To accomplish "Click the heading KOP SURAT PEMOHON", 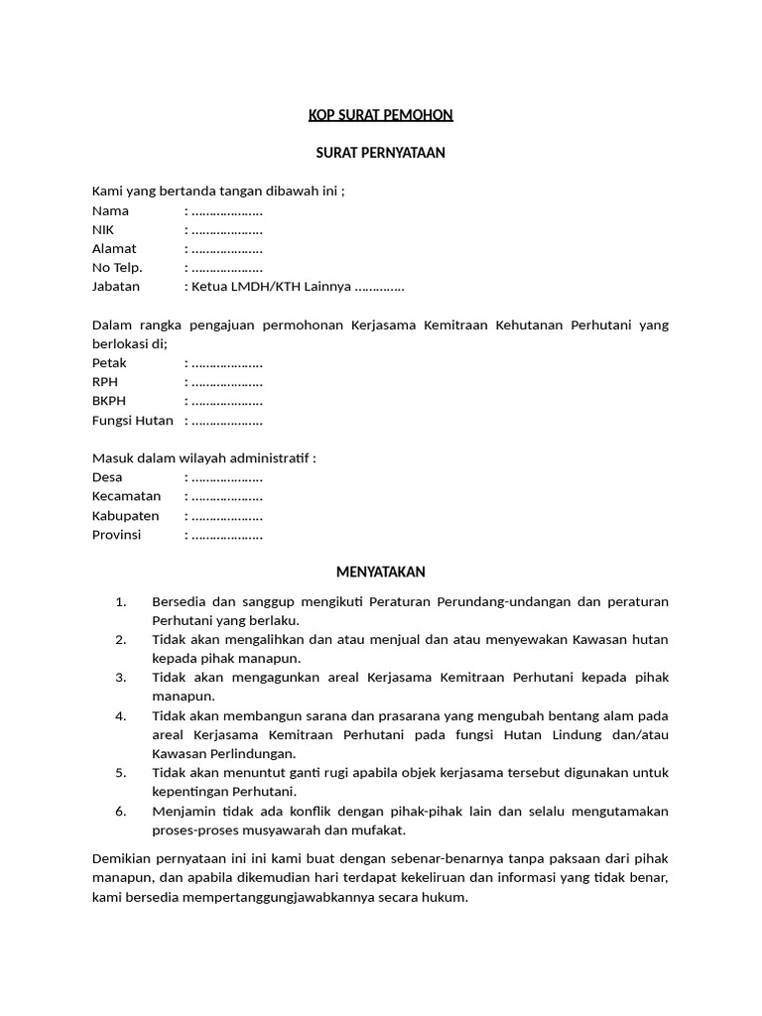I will click(x=380, y=115).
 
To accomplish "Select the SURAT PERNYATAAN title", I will click(x=380, y=153).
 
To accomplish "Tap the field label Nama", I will click(x=110, y=210).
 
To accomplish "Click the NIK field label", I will click(x=103, y=229).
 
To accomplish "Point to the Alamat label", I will click(x=114, y=248).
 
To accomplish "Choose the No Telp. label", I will click(x=117, y=267).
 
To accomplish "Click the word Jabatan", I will click(x=116, y=286).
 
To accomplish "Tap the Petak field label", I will click(x=109, y=363).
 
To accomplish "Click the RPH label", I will click(x=105, y=382).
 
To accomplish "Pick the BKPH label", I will click(x=109, y=401).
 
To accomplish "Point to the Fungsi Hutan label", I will click(x=132, y=420).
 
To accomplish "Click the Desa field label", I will click(x=107, y=477).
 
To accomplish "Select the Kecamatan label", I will click(x=125, y=496).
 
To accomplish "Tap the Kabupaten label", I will click(x=126, y=516).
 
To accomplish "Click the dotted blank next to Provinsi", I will click(x=226, y=535).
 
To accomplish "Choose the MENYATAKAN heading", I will click(x=380, y=571).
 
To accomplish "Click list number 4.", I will click(x=121, y=715).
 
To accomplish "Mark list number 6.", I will click(x=121, y=811).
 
